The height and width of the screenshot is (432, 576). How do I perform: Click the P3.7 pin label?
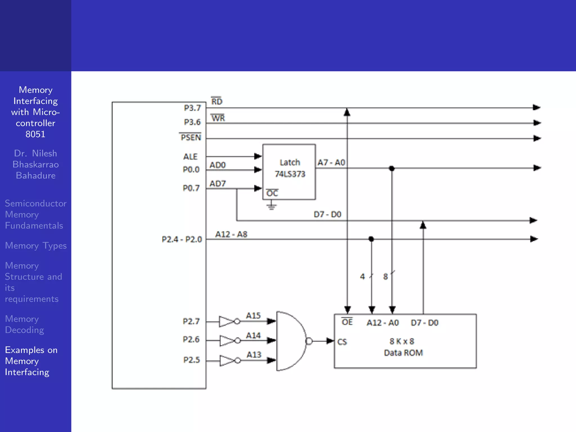[192, 108]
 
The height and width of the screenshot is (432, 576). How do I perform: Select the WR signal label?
[218, 118]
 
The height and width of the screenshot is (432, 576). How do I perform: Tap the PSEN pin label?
[191, 138]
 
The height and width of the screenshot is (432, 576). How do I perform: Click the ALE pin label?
[190, 157]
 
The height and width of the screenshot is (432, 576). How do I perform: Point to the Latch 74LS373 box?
[289, 172]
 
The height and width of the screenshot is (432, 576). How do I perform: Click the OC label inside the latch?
[272, 193]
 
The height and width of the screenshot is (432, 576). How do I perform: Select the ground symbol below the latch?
[271, 206]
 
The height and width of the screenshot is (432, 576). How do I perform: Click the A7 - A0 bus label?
[331, 163]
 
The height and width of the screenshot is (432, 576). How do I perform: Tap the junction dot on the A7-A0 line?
[392, 168]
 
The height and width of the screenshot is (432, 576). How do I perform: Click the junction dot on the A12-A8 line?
[371, 239]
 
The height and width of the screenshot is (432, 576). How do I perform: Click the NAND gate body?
[291, 341]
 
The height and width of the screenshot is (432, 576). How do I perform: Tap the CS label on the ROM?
[342, 342]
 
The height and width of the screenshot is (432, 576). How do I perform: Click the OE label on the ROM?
[347, 322]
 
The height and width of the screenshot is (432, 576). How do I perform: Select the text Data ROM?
[403, 353]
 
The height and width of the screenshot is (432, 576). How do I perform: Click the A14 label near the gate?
[253, 336]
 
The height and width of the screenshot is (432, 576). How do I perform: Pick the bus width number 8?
[385, 277]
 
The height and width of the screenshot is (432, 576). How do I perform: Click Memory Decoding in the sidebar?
[24, 324]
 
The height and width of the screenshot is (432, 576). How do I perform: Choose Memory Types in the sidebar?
[36, 246]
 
